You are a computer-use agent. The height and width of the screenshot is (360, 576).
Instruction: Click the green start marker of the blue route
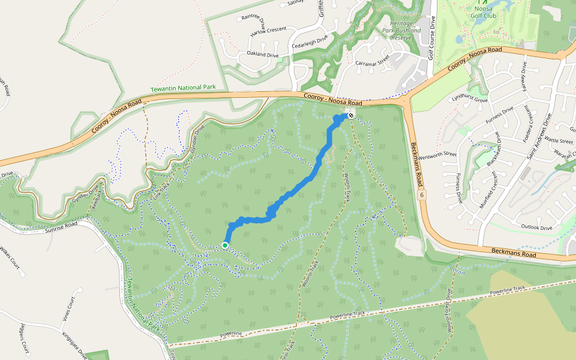225,245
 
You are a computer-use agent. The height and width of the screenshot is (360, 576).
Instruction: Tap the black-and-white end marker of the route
350,114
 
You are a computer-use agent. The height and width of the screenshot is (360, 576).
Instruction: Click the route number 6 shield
422,196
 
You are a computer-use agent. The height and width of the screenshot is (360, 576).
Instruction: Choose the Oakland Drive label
259,55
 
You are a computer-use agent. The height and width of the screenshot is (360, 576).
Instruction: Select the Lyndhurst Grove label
470,97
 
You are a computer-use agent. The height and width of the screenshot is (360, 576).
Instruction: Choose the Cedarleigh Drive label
309,42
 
